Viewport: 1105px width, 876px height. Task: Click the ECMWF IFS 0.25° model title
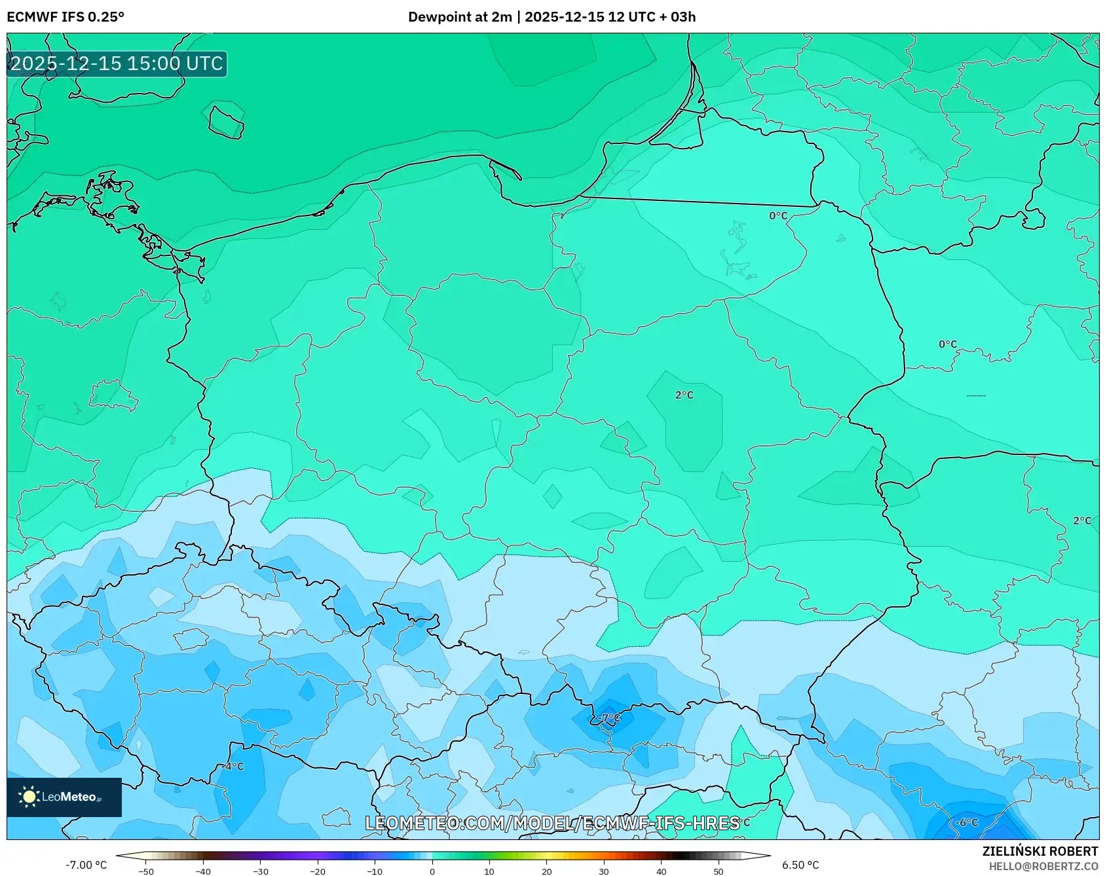coord(65,17)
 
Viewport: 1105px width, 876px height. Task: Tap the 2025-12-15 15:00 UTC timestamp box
coord(117,64)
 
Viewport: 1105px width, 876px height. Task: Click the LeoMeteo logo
coord(64,797)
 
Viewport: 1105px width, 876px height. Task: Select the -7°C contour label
coord(609,718)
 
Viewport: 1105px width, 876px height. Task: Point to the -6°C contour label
coord(966,822)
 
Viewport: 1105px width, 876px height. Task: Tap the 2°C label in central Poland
coord(684,395)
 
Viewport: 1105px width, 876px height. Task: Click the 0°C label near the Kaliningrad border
coord(778,215)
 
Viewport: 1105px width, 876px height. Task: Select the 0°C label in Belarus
coord(947,344)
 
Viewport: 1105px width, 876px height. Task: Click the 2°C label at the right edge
coord(1082,520)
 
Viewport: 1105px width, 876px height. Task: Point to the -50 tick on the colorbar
coord(146,871)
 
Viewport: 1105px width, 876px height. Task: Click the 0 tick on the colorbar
coord(432,871)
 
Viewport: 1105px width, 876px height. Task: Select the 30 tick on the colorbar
coord(603,871)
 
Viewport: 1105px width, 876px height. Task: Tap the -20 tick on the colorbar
coord(317,871)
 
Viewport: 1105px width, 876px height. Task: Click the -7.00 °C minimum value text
coord(86,865)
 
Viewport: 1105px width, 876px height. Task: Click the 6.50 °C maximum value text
coord(800,865)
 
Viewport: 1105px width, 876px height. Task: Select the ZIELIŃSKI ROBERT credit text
coord(1039,851)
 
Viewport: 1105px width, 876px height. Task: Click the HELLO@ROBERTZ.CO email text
coord(1043,866)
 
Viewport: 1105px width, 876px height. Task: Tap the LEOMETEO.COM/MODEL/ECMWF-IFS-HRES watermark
coord(552,823)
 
